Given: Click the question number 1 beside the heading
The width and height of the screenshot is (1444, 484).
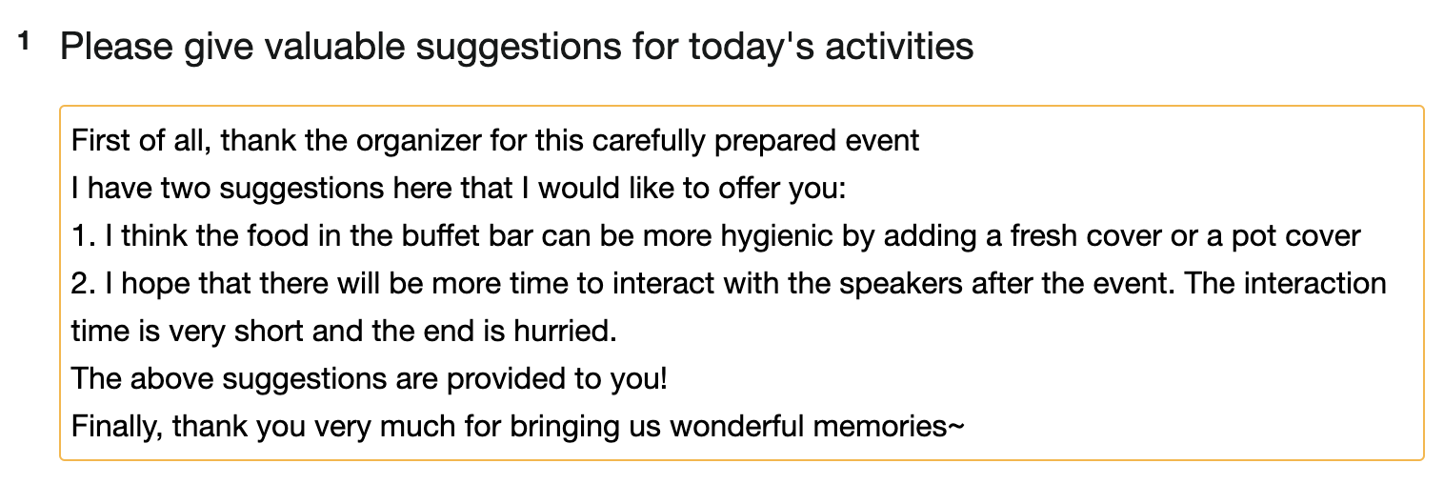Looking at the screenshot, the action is pos(25,42).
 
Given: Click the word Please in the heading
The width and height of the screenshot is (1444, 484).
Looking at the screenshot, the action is pos(116,47).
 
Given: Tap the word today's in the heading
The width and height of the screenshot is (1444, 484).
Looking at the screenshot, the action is pos(751,48).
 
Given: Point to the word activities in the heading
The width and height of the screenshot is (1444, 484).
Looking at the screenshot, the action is pos(899,47).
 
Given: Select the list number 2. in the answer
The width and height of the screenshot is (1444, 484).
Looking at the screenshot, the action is pos(83,284).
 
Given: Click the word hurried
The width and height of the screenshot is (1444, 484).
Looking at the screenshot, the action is pos(566,332).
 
